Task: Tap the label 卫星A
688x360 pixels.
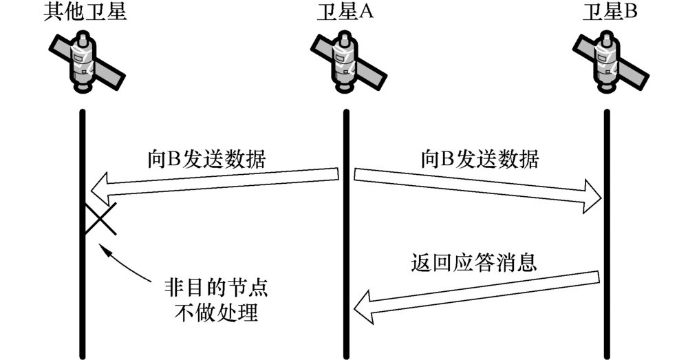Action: [345, 13]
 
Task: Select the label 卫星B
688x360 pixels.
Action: [605, 13]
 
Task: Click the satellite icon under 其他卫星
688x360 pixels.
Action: [83, 63]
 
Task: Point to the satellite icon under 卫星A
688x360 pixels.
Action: [345, 63]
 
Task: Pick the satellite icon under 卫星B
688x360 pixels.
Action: [606, 63]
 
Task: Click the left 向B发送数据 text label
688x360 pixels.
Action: [207, 159]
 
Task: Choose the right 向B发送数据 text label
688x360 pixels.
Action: [480, 159]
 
